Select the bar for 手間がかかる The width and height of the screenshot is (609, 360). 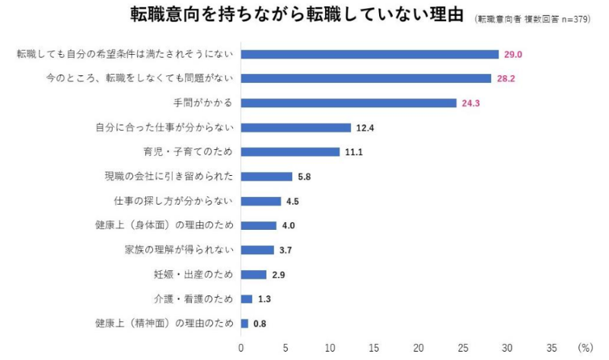349,103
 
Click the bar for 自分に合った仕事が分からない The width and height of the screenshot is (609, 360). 296,127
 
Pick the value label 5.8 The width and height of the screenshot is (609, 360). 304,177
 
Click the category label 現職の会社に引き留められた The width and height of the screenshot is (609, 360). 168,177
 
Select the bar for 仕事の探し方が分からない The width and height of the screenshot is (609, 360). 261,201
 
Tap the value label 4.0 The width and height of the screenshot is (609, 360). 289,225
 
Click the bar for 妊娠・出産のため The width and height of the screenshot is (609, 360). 253,274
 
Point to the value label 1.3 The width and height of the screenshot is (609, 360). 264,299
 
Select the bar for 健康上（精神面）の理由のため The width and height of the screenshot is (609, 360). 244,323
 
